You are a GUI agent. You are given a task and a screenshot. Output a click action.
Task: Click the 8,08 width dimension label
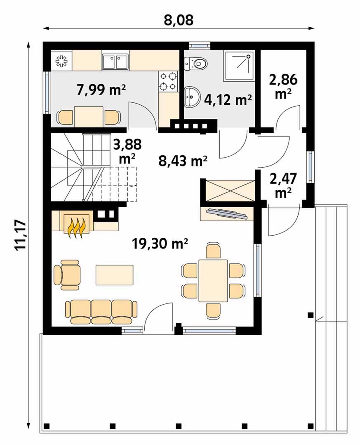click(x=179, y=21)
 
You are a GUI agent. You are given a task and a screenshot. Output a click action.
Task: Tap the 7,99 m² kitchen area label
click(x=101, y=90)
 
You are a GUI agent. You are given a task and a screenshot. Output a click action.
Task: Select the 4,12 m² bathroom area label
click(x=228, y=100)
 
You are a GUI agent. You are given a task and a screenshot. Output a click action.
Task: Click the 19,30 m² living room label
click(x=160, y=244)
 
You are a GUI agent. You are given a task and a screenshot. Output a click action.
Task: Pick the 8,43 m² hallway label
click(x=183, y=161)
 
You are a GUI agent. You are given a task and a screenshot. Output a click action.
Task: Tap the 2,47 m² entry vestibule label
click(x=283, y=185)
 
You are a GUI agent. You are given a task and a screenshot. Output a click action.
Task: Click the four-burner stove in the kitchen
click(x=168, y=81)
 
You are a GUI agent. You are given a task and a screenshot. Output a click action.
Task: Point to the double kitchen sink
click(x=115, y=62)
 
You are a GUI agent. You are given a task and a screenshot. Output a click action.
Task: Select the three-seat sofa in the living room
click(x=101, y=312)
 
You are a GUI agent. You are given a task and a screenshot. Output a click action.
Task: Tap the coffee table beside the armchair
click(x=115, y=275)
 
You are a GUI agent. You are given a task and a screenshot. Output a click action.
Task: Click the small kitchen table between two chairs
click(x=88, y=117)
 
